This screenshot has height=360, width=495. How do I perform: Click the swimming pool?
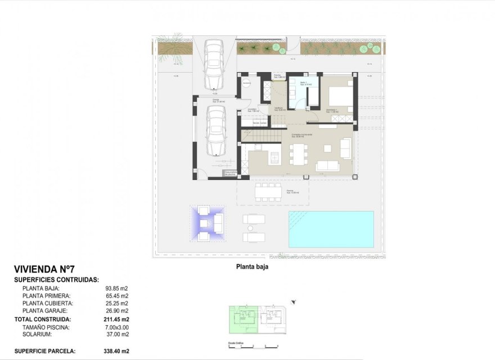point(331,229)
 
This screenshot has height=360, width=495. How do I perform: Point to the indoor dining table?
point(298,154)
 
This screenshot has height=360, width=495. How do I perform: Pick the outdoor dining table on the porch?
point(268,191)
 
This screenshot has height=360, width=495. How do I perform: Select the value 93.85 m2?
point(117,288)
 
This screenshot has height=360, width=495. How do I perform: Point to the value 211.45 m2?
point(117,319)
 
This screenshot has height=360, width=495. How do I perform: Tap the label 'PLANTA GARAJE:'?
point(45,310)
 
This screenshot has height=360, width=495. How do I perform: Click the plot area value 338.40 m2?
point(117,351)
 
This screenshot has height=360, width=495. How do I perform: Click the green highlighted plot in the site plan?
point(242,321)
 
